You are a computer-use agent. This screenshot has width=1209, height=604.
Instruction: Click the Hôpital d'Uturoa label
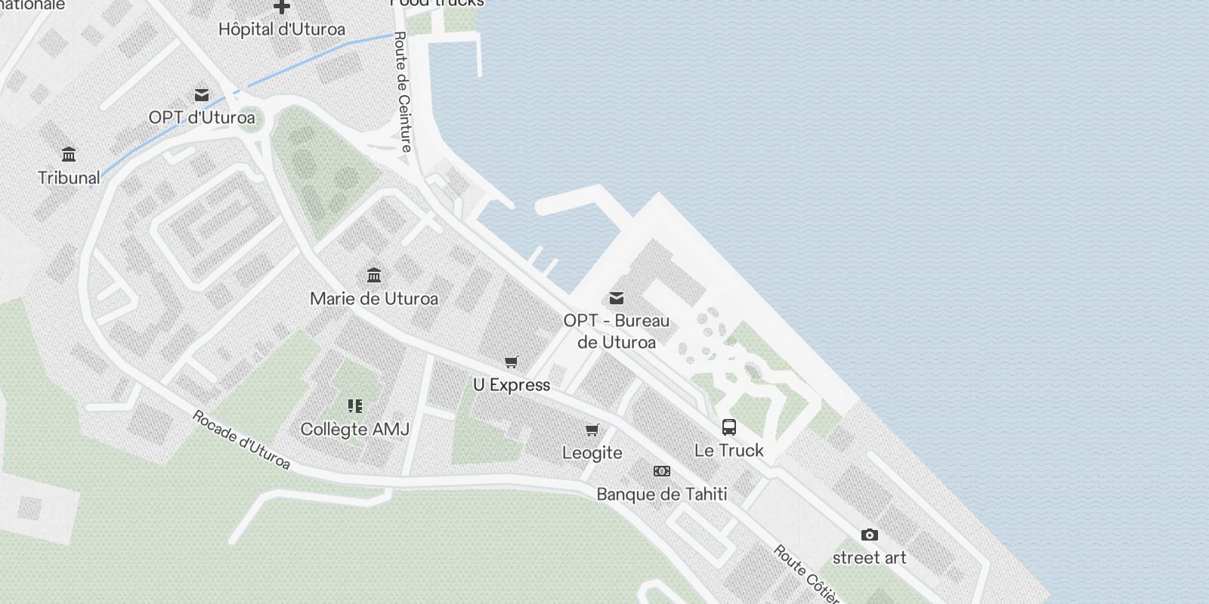point(281,29)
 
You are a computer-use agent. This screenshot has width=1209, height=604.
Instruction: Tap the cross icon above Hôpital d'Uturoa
point(282,7)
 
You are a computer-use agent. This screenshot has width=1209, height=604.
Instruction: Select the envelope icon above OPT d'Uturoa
point(202,95)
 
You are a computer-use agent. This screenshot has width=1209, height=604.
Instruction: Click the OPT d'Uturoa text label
point(202,118)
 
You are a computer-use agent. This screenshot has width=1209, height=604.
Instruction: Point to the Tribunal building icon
point(69,155)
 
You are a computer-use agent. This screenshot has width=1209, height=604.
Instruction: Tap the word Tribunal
point(69,178)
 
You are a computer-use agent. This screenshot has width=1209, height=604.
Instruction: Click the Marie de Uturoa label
point(374,299)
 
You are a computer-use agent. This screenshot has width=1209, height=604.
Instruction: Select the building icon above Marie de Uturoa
point(374,275)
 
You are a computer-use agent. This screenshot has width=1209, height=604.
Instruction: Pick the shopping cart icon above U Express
point(512,362)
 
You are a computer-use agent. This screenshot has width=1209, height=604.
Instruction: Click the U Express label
point(512,385)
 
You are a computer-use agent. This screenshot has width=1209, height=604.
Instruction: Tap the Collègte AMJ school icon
point(355,406)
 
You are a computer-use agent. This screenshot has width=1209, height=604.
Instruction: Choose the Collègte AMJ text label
point(355,430)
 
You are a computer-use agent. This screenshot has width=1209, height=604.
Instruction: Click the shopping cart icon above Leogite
point(592,430)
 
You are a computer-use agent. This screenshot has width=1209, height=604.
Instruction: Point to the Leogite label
point(592,453)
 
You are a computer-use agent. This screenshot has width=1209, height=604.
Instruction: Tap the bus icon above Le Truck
point(729,427)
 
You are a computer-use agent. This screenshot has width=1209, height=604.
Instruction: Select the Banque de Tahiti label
point(662,495)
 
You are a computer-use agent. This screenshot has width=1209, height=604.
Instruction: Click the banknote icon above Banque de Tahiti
point(662,471)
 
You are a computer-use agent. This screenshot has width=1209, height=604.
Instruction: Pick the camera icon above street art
point(870,535)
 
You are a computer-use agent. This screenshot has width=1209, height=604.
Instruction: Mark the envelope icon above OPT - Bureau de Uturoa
point(617,298)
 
